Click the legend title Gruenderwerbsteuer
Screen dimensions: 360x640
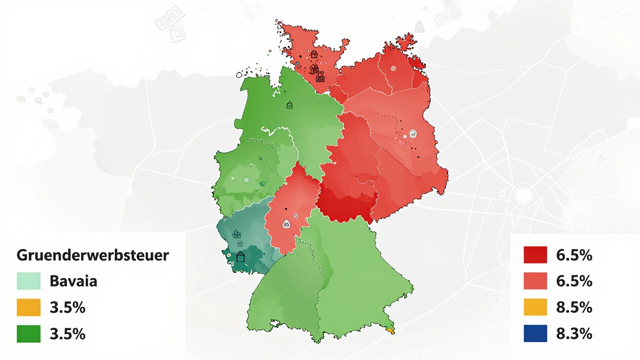coord(93,255)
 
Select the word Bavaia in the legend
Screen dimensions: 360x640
coord(73,281)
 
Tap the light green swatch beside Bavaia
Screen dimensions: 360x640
coord(28,281)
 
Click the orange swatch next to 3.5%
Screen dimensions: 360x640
coord(28,307)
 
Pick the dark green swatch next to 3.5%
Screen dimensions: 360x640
coord(28,334)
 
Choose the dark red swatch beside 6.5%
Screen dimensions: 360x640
coord(535,255)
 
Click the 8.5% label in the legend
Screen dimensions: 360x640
coord(574,307)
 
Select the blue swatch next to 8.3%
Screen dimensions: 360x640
coord(535,334)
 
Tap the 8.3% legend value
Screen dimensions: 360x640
coord(574,334)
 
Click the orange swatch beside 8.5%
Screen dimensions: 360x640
coord(535,307)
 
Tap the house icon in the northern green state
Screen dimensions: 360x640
coord(289,105)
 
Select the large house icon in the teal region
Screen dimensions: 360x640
coord(241,257)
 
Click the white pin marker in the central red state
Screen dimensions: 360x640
coord(286,224)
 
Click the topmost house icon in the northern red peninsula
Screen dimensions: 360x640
coord(314,54)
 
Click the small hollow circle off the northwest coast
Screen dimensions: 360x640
coord(239,75)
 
